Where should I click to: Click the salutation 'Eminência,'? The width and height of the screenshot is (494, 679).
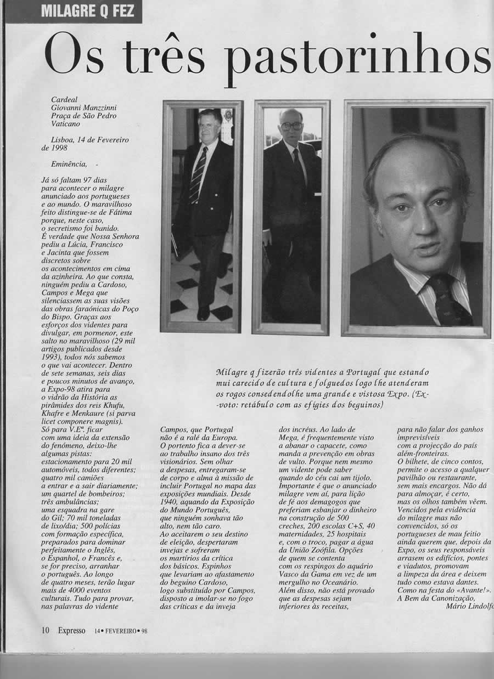click(69, 163)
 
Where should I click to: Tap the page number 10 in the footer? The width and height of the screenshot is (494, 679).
click(46, 630)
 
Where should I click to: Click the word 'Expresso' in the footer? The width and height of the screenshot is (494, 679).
click(72, 630)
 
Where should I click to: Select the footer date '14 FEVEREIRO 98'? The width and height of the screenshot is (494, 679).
click(121, 631)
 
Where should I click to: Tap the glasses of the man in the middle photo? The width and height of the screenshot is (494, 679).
click(291, 126)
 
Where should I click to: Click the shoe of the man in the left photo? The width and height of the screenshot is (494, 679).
click(203, 313)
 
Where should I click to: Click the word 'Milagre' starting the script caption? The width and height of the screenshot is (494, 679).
click(232, 372)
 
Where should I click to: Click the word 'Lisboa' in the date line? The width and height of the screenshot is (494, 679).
click(62, 140)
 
